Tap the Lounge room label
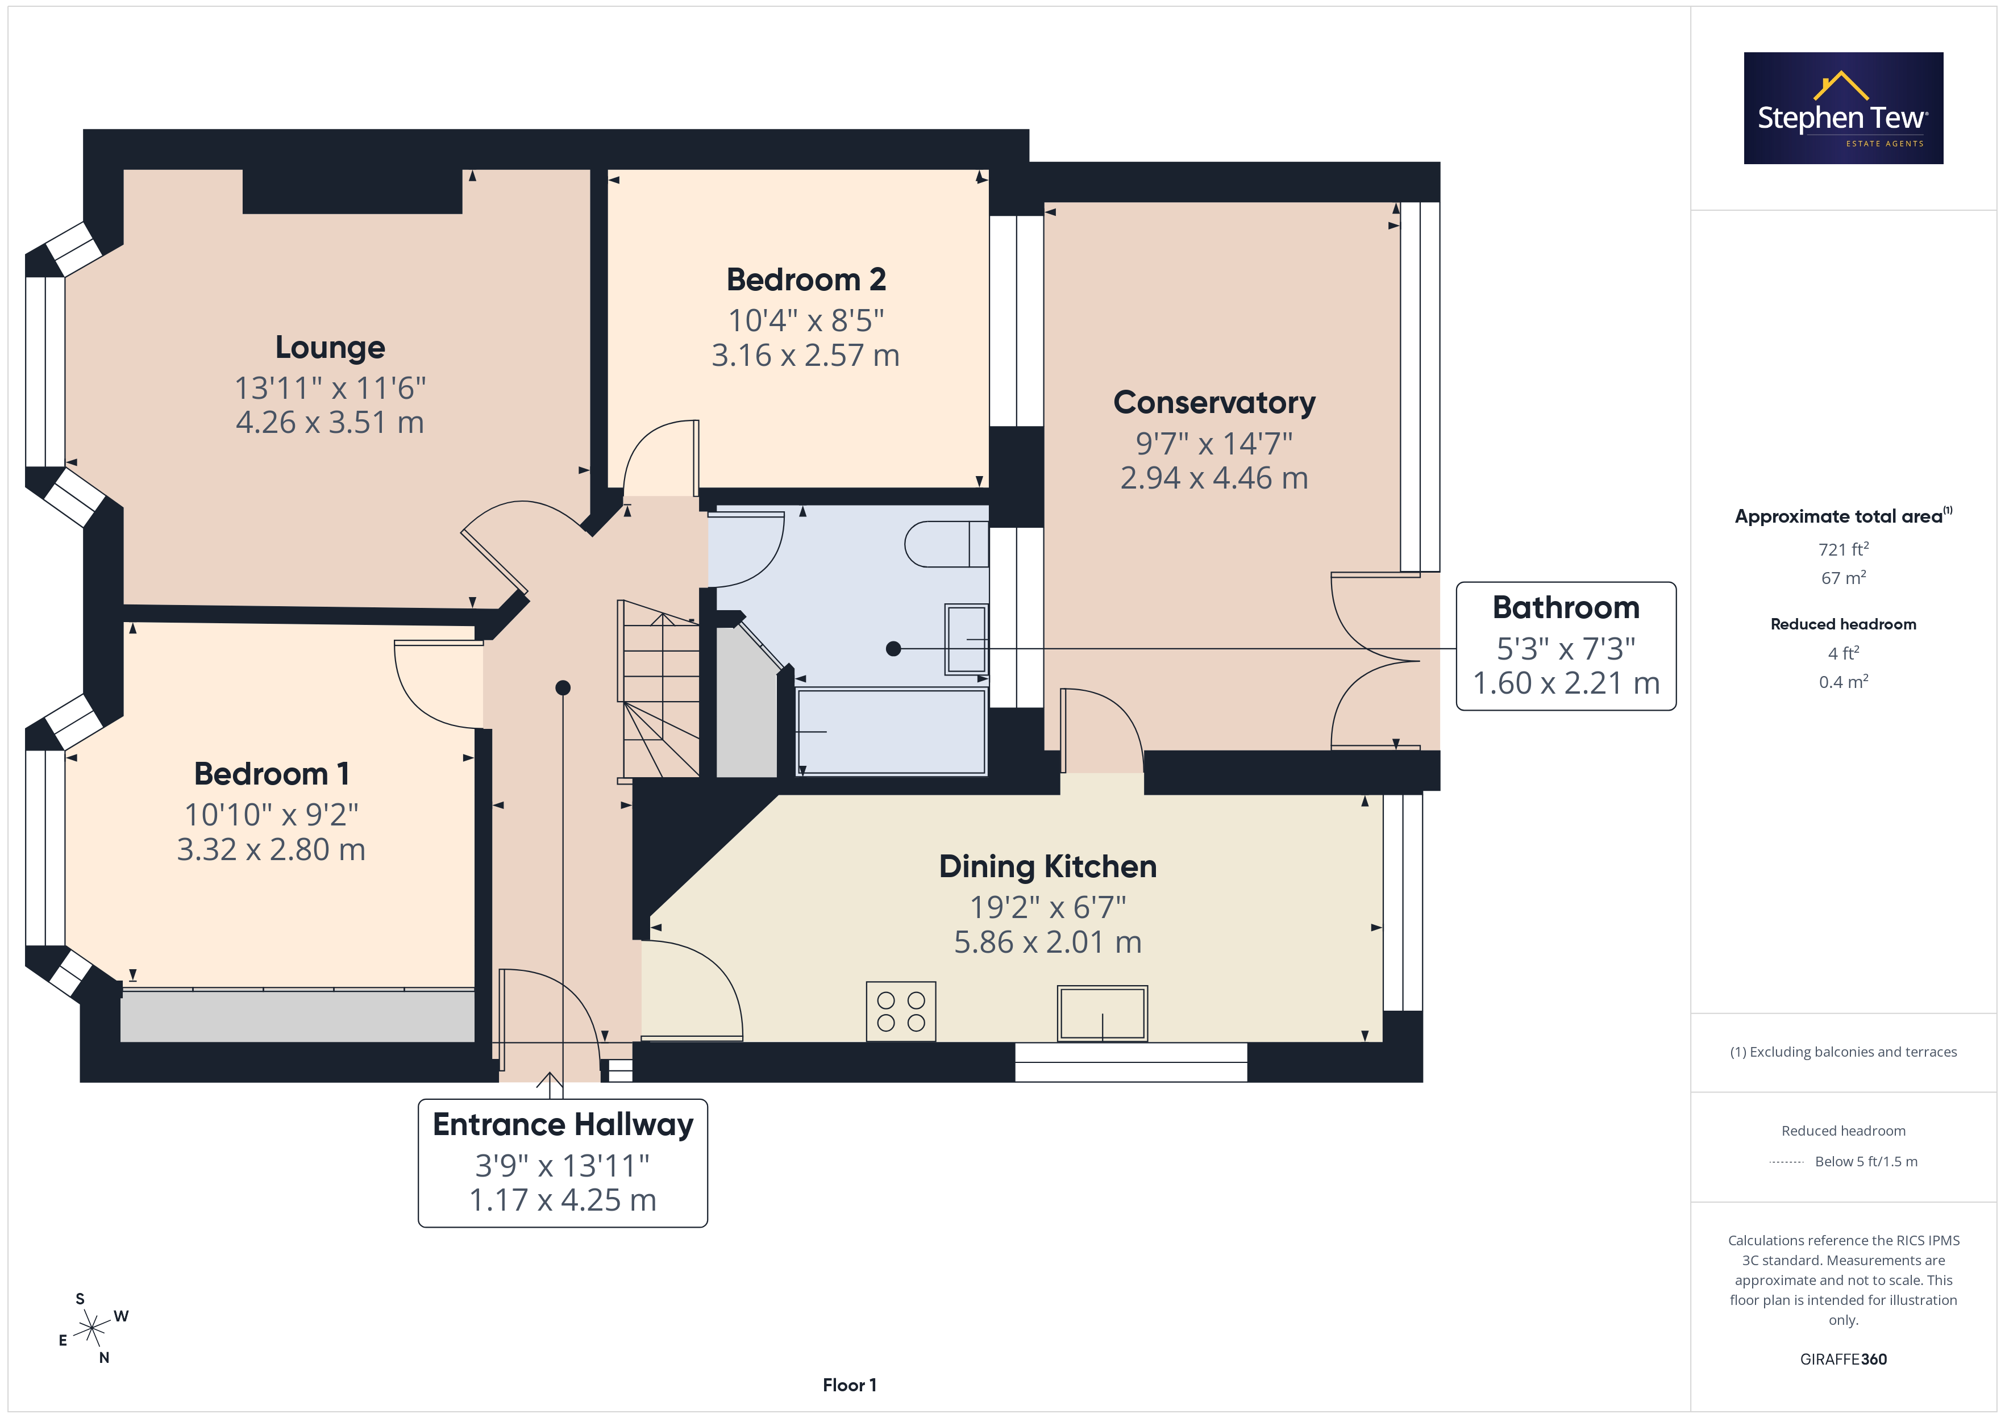click(330, 348)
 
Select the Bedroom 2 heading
click(806, 280)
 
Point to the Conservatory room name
click(1214, 403)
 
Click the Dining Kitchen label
click(1048, 866)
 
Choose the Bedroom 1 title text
click(272, 774)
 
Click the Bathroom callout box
click(1566, 646)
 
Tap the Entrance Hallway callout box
click(563, 1163)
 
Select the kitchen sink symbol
click(1102, 1013)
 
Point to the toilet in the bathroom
click(947, 544)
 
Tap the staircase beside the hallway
click(659, 689)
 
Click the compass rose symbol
click(91, 1329)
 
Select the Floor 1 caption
click(849, 1385)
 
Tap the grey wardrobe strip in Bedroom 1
click(297, 1015)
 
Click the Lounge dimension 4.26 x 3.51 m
click(330, 423)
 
